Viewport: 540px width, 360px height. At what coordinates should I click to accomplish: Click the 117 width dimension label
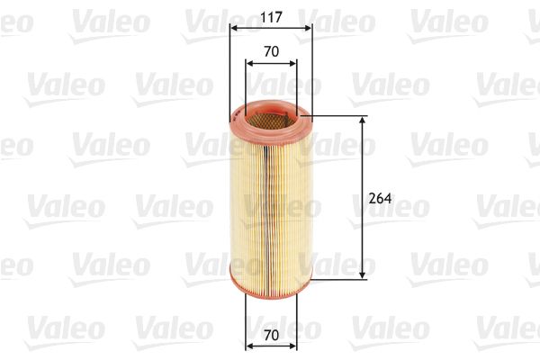click(x=270, y=15)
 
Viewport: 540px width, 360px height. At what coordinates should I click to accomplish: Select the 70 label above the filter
click(x=270, y=52)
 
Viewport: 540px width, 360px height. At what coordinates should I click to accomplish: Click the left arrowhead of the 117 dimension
click(x=234, y=28)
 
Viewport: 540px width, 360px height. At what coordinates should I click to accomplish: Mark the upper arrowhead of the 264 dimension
click(x=363, y=121)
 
